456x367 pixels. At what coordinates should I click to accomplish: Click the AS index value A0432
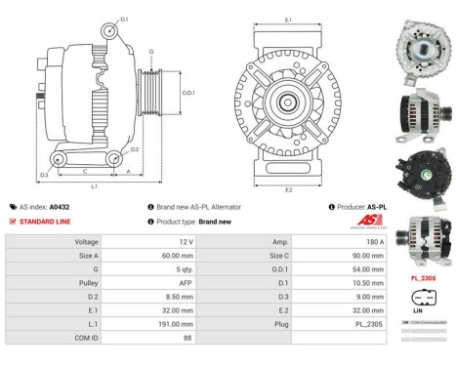[x=88, y=207]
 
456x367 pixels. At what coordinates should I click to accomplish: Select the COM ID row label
[x=87, y=337]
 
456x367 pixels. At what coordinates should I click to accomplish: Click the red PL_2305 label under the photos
[x=422, y=277]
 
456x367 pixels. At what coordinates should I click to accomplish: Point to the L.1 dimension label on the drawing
[x=94, y=185]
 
